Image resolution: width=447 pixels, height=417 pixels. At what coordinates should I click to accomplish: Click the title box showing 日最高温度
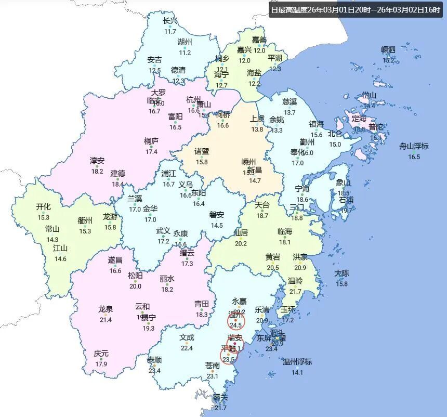tap(356, 10)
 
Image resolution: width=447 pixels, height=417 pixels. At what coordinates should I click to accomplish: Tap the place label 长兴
tap(170, 21)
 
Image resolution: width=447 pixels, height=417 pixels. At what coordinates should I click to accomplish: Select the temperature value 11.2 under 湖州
tap(185, 53)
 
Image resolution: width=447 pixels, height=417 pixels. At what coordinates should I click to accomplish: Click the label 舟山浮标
tap(414, 146)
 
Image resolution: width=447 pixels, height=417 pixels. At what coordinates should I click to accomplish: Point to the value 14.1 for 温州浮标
tap(297, 372)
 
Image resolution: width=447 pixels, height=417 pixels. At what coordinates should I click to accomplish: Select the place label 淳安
tap(97, 161)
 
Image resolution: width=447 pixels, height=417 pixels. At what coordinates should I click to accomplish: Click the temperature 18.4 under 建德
tap(118, 184)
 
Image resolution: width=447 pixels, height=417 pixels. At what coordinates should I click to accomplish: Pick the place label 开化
tap(43, 206)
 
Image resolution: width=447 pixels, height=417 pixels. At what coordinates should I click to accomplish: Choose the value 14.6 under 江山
tap(60, 258)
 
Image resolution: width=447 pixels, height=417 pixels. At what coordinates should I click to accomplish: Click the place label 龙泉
tap(106, 309)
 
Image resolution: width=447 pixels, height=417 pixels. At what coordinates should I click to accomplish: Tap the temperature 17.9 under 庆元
tap(101, 364)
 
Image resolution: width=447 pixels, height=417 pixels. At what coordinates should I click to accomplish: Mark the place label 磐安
tap(217, 214)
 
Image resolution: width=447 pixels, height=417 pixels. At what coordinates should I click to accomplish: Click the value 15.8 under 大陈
tap(341, 283)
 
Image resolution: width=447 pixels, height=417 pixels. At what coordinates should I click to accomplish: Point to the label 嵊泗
tap(388, 49)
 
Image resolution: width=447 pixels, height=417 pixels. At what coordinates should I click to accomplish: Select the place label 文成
tap(187, 336)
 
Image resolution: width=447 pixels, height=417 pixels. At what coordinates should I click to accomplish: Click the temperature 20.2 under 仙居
tap(241, 243)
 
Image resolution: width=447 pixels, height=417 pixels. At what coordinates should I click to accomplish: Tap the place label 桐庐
tap(151, 141)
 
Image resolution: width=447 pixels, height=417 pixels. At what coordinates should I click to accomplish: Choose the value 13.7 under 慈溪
tap(290, 112)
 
